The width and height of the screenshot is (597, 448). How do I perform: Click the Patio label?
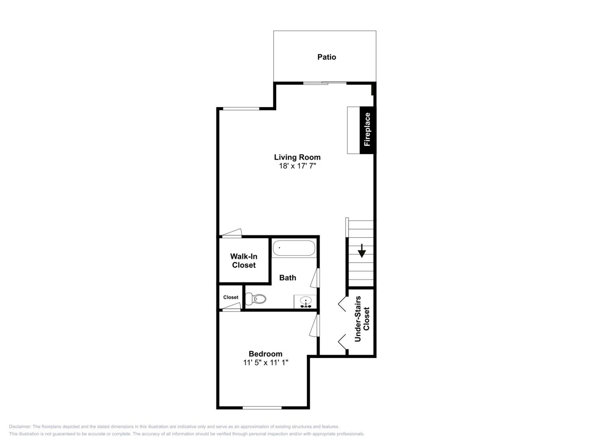pyautogui.click(x=327, y=57)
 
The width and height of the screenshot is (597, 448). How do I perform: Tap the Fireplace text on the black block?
pyautogui.click(x=367, y=130)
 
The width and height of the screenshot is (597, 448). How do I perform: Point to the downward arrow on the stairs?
pyautogui.click(x=362, y=251)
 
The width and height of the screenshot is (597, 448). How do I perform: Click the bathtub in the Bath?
pyautogui.click(x=294, y=248)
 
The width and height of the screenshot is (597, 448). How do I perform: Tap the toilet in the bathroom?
pyautogui.click(x=256, y=299)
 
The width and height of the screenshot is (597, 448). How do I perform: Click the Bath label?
pyautogui.click(x=288, y=278)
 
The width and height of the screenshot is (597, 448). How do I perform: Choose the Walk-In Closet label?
pyautogui.click(x=244, y=261)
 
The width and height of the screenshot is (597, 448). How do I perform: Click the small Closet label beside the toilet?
pyautogui.click(x=231, y=297)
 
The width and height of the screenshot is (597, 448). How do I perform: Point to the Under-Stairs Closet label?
pyautogui.click(x=362, y=319)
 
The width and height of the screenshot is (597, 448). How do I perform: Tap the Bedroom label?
pyautogui.click(x=266, y=354)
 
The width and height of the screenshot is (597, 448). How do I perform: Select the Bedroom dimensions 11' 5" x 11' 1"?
pyautogui.click(x=266, y=362)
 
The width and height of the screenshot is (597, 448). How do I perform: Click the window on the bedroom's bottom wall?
pyautogui.click(x=262, y=408)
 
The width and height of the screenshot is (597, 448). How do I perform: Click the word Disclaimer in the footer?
pyautogui.click(x=20, y=427)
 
